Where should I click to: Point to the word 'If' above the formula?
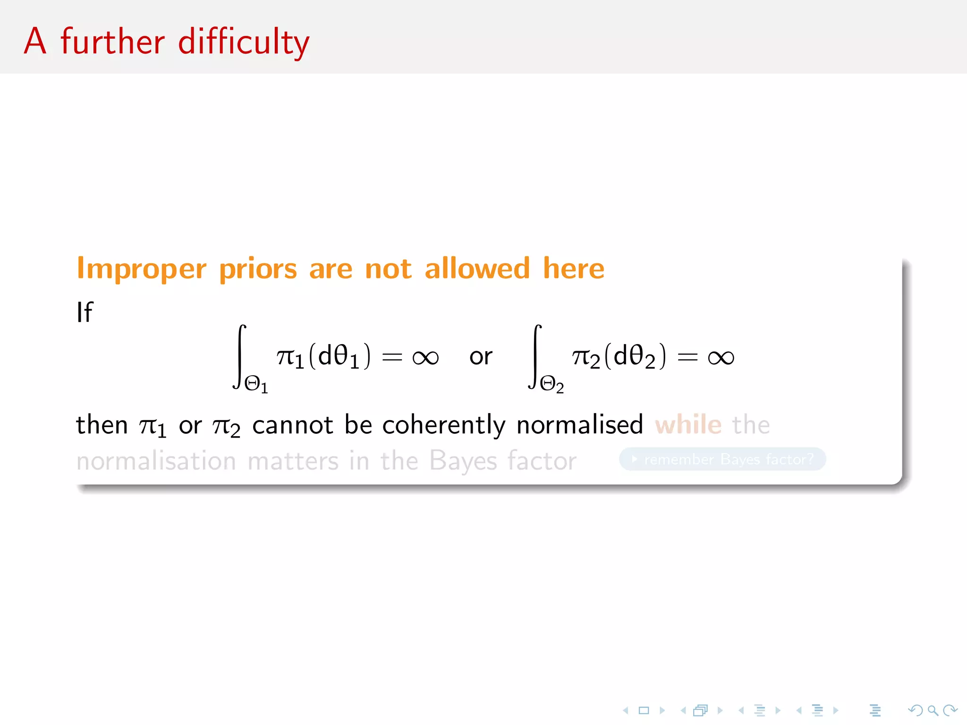(x=85, y=312)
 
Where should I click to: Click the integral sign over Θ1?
(x=239, y=356)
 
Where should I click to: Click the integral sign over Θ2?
(x=535, y=356)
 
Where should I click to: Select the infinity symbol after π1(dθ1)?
(x=425, y=357)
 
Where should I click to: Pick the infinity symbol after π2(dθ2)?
(x=721, y=357)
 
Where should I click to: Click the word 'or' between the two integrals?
(x=481, y=356)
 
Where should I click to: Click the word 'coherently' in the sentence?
(x=444, y=425)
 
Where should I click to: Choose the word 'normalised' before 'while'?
(x=580, y=424)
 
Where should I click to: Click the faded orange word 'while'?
(x=688, y=424)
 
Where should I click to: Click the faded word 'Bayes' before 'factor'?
(x=463, y=461)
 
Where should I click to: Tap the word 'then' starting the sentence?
(x=102, y=424)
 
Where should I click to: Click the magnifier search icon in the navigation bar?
(x=933, y=710)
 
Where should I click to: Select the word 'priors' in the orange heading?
(x=258, y=269)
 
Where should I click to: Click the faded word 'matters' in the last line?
(x=293, y=461)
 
